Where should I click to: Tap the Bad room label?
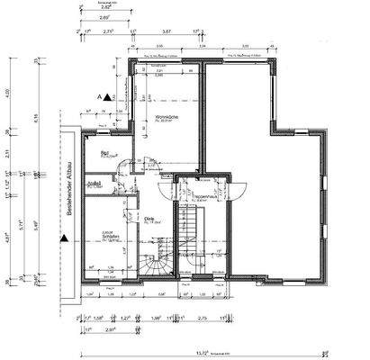tap(105, 154)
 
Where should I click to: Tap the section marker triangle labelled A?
tap(105, 96)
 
